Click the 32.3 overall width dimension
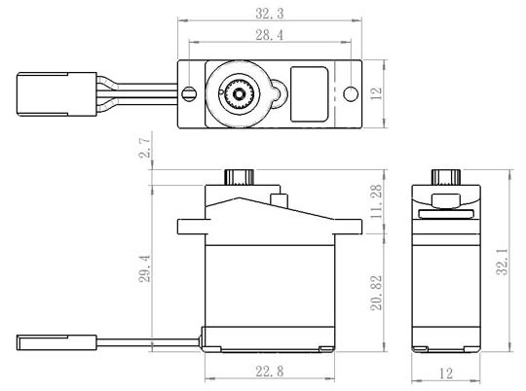coord(262,16)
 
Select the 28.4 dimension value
coord(262,35)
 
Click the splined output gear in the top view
coord(239,94)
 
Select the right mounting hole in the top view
coord(351,94)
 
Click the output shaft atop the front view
coord(238,177)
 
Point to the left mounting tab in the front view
coord(189,228)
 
